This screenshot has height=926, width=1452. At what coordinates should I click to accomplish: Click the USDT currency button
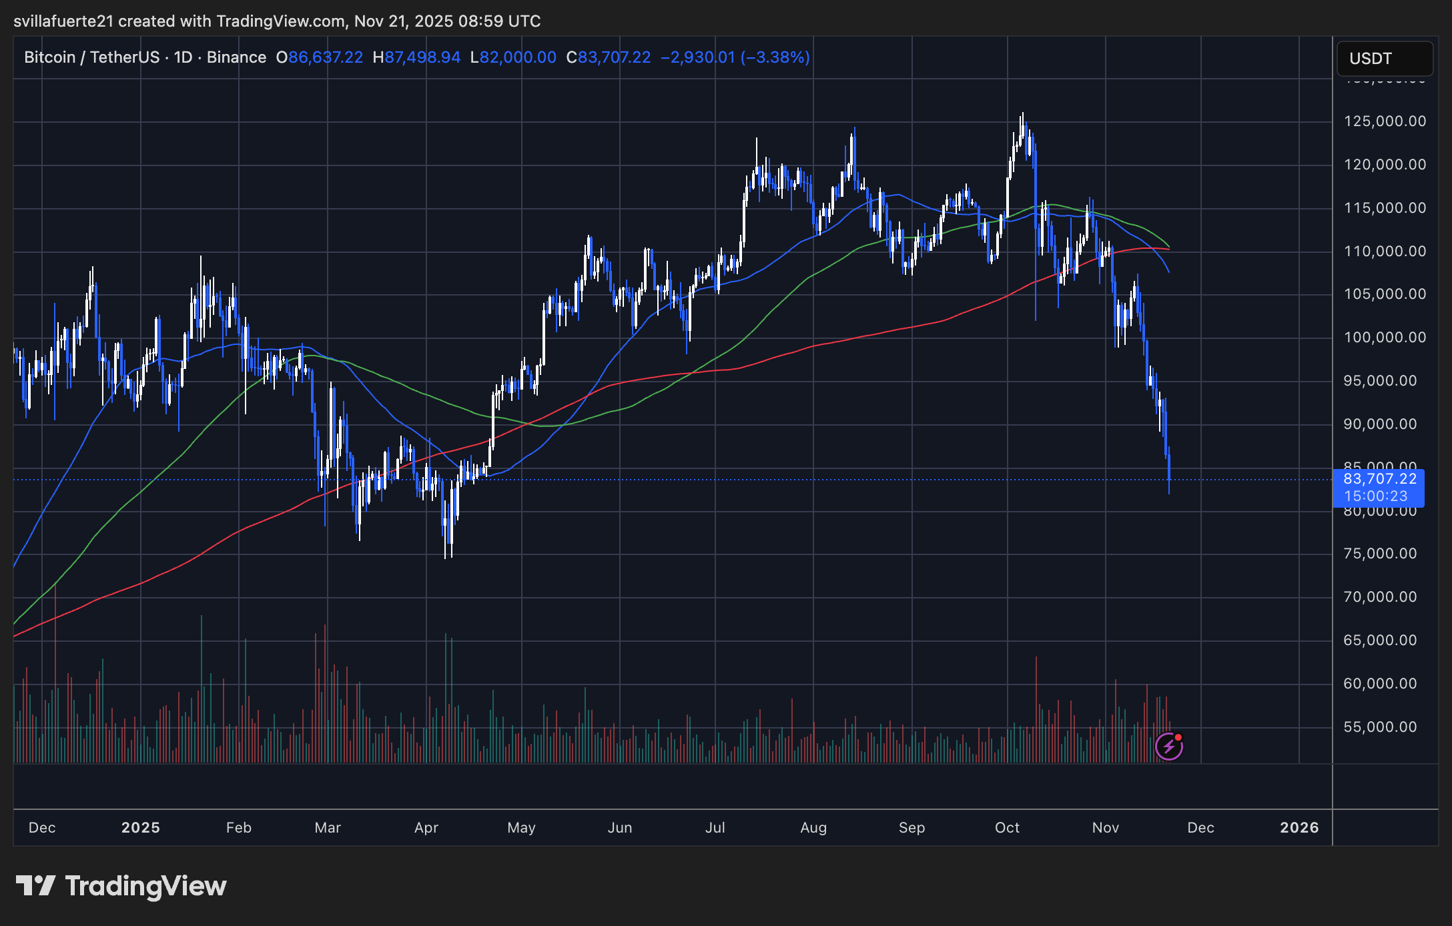(x=1384, y=59)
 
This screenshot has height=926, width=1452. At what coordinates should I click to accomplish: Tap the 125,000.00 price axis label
(x=1385, y=121)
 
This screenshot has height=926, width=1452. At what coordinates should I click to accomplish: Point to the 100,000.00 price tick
(x=1385, y=338)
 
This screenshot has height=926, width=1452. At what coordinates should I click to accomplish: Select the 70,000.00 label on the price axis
(x=1380, y=597)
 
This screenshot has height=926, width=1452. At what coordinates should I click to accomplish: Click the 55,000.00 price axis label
(x=1380, y=727)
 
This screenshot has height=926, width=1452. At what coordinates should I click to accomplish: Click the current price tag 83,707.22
(x=1379, y=479)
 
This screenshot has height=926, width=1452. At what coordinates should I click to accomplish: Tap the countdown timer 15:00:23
(x=1375, y=496)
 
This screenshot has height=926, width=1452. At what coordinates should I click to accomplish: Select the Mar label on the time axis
(x=328, y=828)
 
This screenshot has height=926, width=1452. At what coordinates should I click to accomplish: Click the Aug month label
(x=813, y=828)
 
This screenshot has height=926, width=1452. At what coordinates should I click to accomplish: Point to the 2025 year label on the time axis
(x=141, y=828)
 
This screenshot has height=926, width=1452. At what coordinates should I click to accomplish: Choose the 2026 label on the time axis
(x=1299, y=828)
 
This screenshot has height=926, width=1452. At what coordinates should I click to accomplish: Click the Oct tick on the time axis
(x=1007, y=828)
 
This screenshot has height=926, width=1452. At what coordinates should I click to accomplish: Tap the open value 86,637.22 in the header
(x=326, y=57)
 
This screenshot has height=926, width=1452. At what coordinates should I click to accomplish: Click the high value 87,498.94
(x=422, y=57)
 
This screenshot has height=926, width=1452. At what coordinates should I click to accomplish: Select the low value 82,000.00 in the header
(x=518, y=57)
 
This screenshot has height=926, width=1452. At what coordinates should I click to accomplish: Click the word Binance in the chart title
(x=236, y=57)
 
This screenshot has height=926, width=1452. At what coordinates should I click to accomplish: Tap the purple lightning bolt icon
(x=1169, y=747)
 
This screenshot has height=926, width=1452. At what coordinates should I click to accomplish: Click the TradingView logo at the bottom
(x=121, y=886)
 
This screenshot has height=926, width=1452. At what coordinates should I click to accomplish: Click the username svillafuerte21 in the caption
(x=63, y=21)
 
